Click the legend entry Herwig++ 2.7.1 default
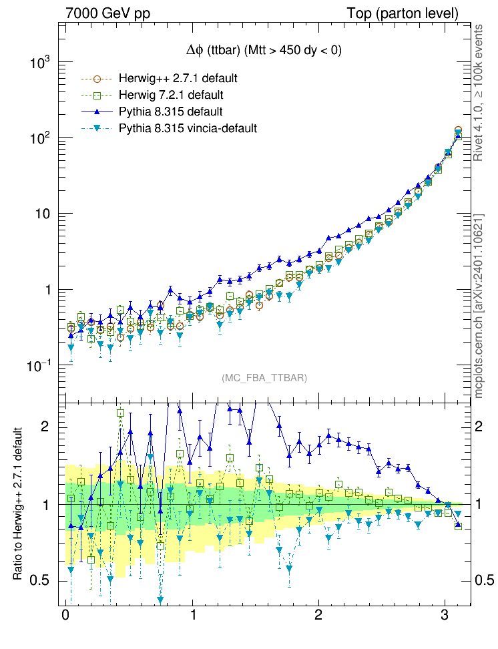pos(178,78)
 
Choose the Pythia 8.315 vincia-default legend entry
pos(188,128)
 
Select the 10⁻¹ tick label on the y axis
pos(39,367)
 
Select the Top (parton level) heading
pos(403,14)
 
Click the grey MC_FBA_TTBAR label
pos(264,378)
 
